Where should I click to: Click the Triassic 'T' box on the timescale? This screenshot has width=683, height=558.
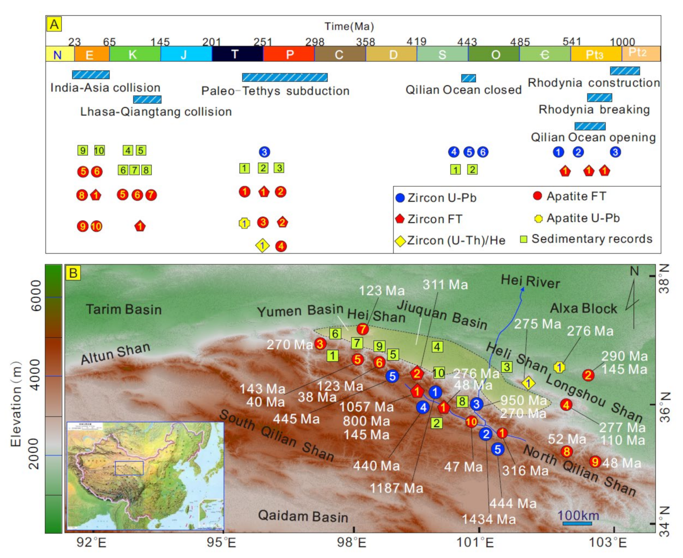pos(237,54)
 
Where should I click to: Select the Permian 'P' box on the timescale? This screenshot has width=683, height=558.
pos(289,54)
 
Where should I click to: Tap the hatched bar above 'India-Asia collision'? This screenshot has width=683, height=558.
pos(90,75)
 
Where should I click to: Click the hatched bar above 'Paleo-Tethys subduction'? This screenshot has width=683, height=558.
pos(284,77)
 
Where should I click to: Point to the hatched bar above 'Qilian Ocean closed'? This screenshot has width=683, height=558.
pos(468,78)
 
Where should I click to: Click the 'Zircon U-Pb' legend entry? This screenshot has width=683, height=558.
pos(436,198)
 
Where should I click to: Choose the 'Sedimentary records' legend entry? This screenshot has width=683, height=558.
pos(586,239)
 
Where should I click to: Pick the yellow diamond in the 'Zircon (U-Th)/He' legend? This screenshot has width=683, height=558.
pos(401,241)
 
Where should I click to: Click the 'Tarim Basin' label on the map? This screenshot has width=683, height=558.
pos(123,309)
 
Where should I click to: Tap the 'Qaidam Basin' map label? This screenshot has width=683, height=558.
pos(303,516)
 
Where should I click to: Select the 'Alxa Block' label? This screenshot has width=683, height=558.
pos(583,308)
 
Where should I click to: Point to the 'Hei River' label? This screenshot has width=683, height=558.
pos(530,281)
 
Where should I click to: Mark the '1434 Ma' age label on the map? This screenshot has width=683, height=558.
pos(488,519)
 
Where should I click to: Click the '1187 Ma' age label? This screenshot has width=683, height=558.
pos(396,488)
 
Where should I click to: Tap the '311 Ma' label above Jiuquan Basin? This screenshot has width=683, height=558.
pos(445,285)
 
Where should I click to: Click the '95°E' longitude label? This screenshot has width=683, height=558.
pos(221,542)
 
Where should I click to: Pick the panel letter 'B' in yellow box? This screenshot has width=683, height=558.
pos(73,273)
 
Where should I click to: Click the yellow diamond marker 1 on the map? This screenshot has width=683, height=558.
pos(528,383)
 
